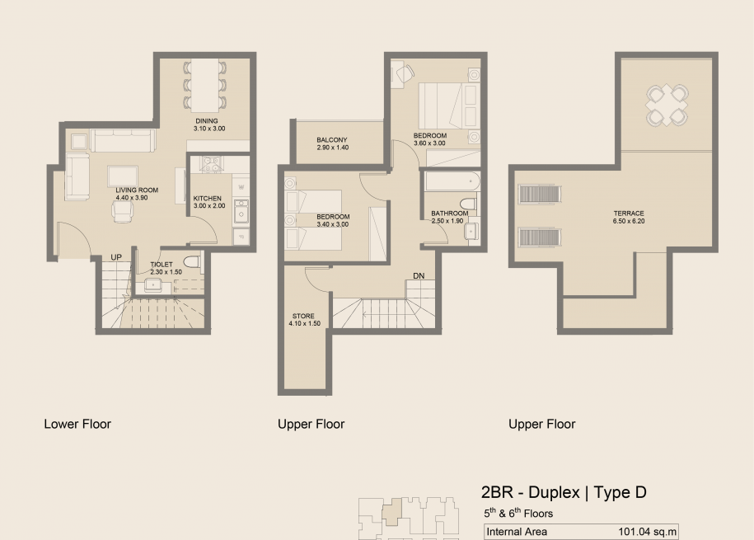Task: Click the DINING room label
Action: point(207,121)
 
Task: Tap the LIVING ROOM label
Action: point(137,190)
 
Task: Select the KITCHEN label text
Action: point(208,199)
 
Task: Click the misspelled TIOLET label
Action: point(161,265)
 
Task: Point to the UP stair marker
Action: point(116,257)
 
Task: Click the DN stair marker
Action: point(419,276)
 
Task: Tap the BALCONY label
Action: point(332,140)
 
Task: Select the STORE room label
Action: point(303,317)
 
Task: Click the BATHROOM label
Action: point(450,214)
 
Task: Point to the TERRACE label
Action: point(629,214)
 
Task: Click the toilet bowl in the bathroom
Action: point(467,204)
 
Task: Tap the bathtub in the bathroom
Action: point(452,181)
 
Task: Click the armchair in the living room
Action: point(123,211)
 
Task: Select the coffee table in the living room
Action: point(123,176)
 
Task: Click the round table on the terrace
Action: point(667,105)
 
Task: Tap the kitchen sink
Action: point(241,211)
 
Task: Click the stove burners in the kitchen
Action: point(211,163)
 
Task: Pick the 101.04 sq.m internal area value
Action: point(647,532)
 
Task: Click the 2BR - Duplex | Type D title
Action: point(564,492)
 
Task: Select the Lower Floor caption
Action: point(77,424)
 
